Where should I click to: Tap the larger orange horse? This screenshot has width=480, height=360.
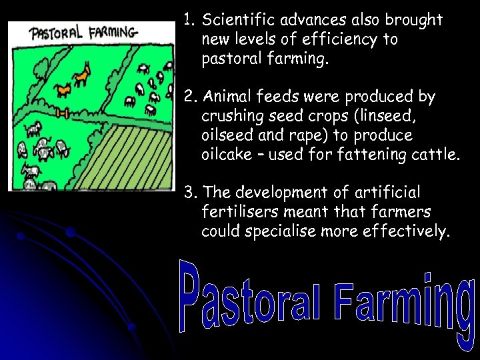82,75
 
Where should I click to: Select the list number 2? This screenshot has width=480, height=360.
189,97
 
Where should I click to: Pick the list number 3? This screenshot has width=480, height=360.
190,193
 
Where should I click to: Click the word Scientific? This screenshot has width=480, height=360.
240,20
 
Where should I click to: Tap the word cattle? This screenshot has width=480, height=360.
435,155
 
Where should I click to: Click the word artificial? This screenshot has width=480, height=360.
387,193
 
